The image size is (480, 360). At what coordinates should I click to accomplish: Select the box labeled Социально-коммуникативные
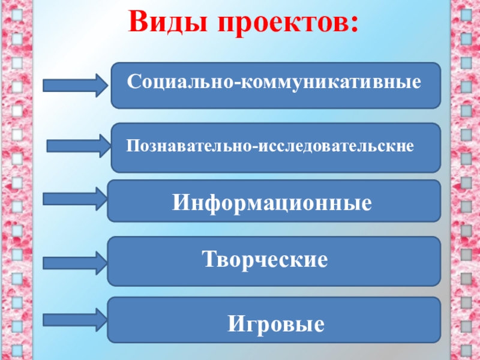[x=275, y=85]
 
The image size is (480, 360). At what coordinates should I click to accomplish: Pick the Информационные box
[x=273, y=201]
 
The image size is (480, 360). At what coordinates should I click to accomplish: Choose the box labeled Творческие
[x=273, y=261]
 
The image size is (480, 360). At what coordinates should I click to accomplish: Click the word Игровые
[x=276, y=325]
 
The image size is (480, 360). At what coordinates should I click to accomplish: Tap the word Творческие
[x=265, y=260]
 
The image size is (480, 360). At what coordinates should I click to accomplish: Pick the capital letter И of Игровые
[x=235, y=325]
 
